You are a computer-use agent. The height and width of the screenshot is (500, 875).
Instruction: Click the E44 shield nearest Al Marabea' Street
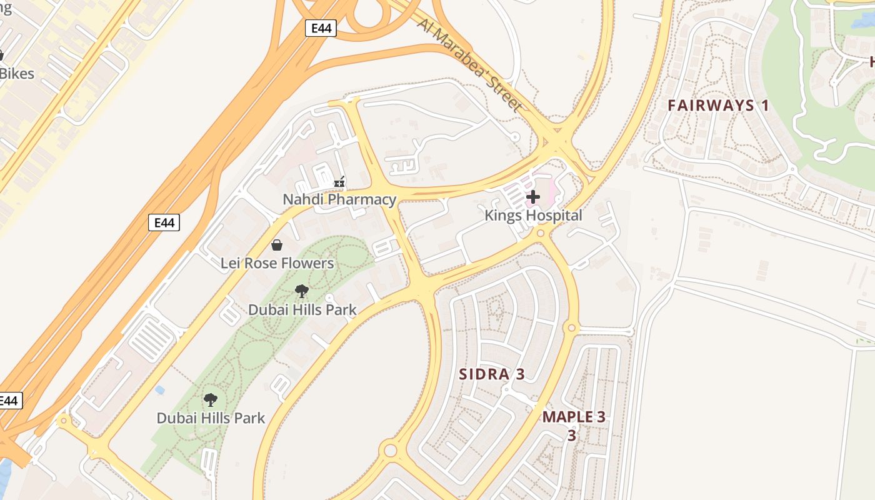(321, 27)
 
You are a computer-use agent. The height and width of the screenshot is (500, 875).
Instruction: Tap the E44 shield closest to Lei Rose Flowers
(164, 222)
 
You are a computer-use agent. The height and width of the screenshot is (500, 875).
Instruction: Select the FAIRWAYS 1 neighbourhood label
(718, 105)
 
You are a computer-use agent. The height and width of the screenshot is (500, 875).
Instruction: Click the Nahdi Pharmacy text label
(339, 199)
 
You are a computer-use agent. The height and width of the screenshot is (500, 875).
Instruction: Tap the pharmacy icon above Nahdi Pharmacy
(339, 182)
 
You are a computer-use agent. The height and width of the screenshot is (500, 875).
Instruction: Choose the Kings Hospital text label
(533, 216)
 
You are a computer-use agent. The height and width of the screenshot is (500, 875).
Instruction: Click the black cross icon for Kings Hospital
(532, 197)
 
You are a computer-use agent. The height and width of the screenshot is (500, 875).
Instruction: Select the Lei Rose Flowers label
(277, 263)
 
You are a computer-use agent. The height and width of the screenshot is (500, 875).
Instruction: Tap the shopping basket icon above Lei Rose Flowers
(276, 245)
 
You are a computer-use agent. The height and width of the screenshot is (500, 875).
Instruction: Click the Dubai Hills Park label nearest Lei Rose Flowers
(302, 309)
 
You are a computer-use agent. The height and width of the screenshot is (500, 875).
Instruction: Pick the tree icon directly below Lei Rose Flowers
(302, 291)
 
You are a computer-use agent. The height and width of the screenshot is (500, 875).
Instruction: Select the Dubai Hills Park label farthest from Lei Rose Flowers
(211, 417)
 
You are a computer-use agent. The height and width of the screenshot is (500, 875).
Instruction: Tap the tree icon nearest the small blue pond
(211, 400)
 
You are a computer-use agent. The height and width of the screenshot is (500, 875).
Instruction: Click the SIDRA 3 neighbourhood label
(492, 374)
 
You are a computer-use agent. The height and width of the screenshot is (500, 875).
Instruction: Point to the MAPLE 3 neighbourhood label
(573, 417)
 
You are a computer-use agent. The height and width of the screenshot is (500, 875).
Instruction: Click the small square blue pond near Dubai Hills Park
(160, 390)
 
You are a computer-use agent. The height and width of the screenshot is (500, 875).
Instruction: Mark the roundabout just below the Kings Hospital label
(541, 233)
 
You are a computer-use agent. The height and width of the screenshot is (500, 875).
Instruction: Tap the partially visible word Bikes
(17, 73)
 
